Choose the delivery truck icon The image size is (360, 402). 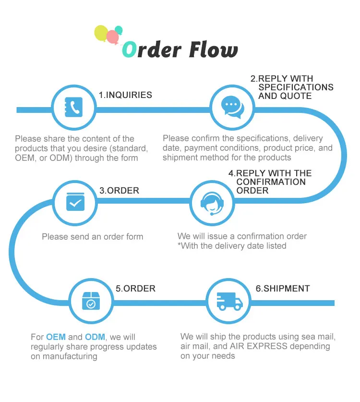(x=229, y=301)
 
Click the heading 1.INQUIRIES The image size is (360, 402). (x=125, y=95)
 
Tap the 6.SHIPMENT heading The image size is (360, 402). (x=282, y=289)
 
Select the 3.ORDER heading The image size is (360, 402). (x=119, y=190)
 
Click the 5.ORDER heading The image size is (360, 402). (x=135, y=289)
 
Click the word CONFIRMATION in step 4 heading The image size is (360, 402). (x=271, y=182)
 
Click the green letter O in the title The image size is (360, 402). (x=130, y=49)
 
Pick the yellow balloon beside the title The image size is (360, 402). (x=101, y=33)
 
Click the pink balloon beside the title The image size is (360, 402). (x=112, y=37)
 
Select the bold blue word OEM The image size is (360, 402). (x=56, y=337)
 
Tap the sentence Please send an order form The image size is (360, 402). (x=92, y=236)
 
